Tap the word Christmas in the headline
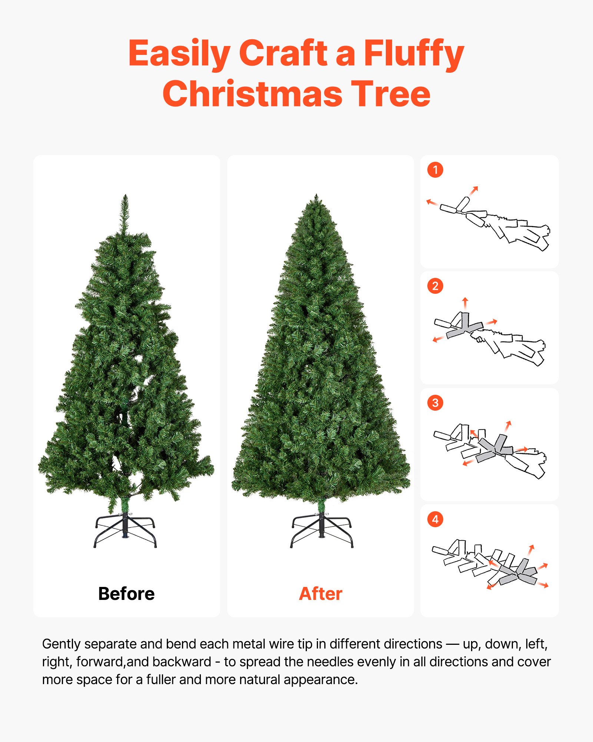252,94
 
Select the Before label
126,594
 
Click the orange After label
321,594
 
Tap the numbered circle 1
435,170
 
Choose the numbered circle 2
435,286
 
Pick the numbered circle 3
435,403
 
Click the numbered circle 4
435,519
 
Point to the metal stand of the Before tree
125,531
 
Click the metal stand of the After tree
321,531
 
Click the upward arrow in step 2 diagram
465,303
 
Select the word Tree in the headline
391,94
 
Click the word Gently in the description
62,644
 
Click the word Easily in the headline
179,54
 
